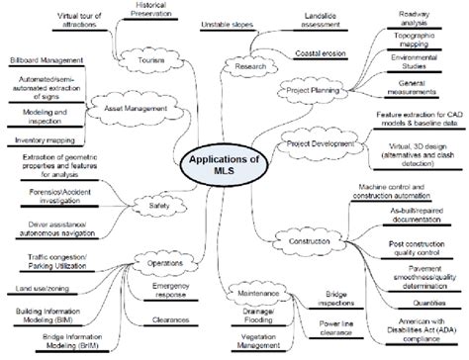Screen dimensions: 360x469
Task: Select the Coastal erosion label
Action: pos(321,52)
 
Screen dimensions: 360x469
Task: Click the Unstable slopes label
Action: pos(227,22)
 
